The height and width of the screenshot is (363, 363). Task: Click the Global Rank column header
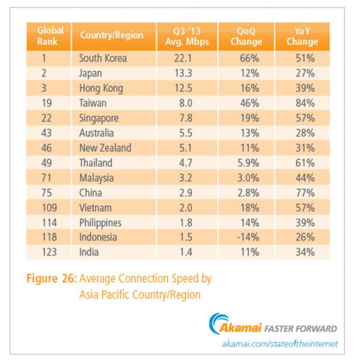[x=50, y=36]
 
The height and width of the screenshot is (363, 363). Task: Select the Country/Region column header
[x=112, y=35]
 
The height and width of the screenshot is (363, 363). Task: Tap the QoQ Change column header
[x=246, y=36]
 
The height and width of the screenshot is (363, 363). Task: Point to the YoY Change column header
[x=302, y=36]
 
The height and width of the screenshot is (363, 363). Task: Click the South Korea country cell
[x=103, y=58]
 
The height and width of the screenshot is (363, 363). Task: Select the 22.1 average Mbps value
[x=183, y=58]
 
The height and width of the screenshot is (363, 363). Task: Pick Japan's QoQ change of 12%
[x=249, y=73]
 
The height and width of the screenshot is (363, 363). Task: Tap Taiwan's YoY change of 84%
[x=305, y=103]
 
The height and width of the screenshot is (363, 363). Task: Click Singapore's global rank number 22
[x=46, y=118]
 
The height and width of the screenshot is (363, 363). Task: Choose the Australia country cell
[x=97, y=133]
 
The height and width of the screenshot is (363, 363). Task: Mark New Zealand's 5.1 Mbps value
[x=186, y=148]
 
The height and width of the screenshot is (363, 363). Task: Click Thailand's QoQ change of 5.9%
[x=248, y=163]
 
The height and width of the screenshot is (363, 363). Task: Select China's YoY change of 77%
[x=305, y=193]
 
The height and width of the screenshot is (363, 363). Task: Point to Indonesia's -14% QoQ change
[x=248, y=237]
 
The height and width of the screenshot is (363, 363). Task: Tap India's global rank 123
[x=49, y=252]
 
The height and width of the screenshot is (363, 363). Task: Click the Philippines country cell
[x=100, y=222]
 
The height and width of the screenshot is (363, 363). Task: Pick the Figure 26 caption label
[x=52, y=278]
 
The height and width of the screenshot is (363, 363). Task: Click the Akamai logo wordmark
[x=240, y=328]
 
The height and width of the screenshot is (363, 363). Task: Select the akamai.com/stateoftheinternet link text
[x=280, y=344]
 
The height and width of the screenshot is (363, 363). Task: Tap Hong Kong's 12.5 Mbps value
[x=183, y=88]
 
